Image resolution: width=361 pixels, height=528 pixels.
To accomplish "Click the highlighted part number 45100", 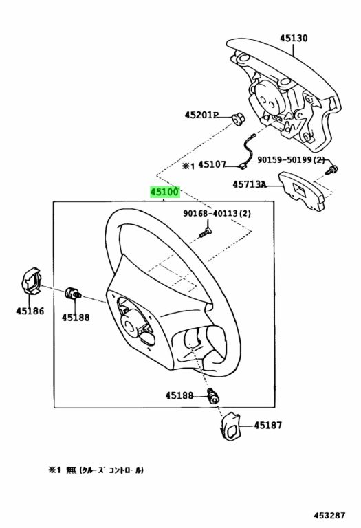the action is [165, 192].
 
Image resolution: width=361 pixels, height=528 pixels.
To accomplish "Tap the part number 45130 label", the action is [294, 38].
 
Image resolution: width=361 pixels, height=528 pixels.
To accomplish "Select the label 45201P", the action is [201, 115].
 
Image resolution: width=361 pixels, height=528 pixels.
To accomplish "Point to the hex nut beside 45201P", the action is [239, 120].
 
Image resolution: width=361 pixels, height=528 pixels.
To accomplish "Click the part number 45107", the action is [212, 165].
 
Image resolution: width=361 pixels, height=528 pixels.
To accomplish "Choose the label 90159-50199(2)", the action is [291, 159].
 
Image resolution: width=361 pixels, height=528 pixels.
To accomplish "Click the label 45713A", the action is [249, 184].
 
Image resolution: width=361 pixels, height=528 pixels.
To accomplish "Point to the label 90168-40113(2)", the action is [217, 213].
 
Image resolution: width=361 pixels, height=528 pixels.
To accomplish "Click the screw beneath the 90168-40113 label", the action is [205, 232].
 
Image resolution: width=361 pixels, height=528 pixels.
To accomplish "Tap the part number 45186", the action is [30, 311].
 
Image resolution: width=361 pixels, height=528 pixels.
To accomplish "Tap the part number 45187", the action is [268, 426].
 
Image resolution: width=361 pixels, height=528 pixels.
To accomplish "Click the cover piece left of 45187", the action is [230, 426].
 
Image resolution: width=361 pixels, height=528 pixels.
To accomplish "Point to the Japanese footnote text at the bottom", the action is [96, 470].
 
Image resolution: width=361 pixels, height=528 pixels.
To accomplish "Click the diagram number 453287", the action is [329, 516].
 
